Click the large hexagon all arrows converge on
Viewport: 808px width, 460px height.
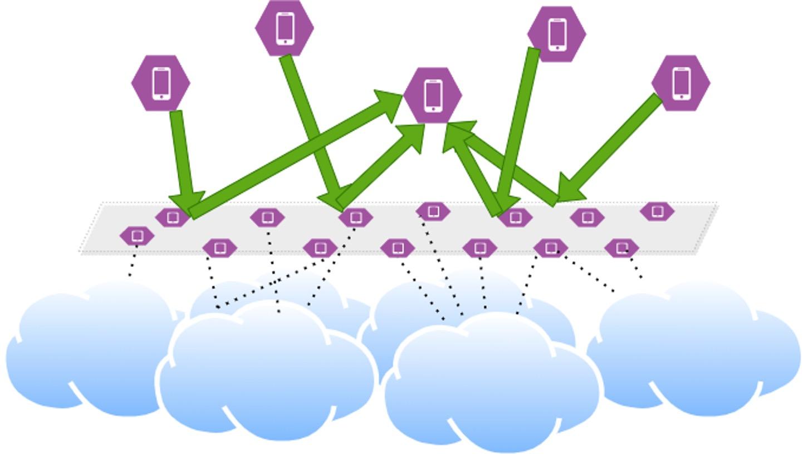click(x=433, y=95)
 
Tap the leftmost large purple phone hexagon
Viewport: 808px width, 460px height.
click(x=161, y=83)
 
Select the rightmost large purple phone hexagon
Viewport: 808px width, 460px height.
click(x=680, y=83)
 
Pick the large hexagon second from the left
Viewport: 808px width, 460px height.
click(x=285, y=28)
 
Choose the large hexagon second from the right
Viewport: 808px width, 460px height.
click(x=556, y=34)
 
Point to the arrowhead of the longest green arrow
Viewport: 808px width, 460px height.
click(x=390, y=103)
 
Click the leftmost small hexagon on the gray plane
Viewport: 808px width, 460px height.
click(x=137, y=236)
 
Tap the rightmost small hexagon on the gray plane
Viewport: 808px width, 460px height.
click(x=657, y=211)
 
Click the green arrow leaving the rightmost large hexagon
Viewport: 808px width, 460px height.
click(x=613, y=145)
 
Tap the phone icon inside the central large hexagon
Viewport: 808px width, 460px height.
click(x=433, y=95)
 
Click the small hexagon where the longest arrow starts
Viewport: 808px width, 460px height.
click(x=173, y=217)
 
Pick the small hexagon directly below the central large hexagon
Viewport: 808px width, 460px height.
click(x=433, y=211)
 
